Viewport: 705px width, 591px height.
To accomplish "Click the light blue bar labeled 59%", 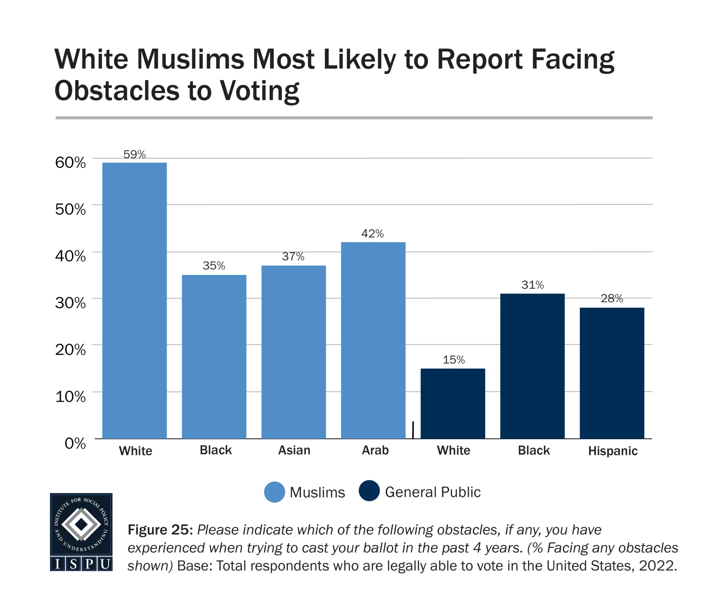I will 134,300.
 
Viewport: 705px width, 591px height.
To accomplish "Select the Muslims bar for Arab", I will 373,340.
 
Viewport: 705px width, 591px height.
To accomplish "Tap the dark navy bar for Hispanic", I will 612,373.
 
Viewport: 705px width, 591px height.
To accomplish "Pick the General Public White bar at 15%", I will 453,403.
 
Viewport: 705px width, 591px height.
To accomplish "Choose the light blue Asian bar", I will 294,352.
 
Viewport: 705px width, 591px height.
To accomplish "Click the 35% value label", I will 214,266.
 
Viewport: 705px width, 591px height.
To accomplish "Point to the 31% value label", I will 532,285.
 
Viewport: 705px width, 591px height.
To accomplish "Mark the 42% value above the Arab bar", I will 372,234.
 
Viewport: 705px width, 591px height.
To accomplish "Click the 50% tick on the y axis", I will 70,209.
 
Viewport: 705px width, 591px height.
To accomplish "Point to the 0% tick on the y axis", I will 75,443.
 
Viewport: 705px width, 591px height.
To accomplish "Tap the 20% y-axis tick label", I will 70,350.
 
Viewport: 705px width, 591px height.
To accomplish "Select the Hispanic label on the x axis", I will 613,451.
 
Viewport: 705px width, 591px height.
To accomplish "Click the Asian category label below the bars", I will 294,450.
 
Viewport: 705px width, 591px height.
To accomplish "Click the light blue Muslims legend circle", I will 274,492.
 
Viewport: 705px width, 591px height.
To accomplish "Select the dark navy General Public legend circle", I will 369,491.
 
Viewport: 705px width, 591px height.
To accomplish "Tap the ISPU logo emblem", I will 81,532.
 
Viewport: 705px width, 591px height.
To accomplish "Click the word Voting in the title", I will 260,91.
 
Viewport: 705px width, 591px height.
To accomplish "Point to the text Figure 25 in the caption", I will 158,530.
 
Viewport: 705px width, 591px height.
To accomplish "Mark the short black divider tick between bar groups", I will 413,430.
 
